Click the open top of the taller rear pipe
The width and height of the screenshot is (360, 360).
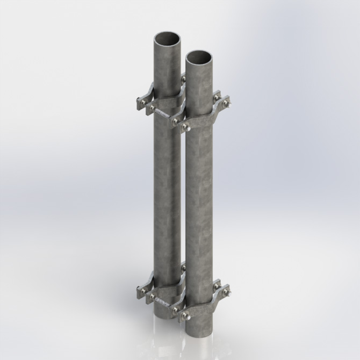point(168,40)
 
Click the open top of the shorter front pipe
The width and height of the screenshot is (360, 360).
point(199,56)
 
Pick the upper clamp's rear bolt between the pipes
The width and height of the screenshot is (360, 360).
point(183,80)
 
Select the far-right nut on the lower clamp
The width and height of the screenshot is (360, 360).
point(227,293)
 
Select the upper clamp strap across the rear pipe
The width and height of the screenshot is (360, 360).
point(164,101)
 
